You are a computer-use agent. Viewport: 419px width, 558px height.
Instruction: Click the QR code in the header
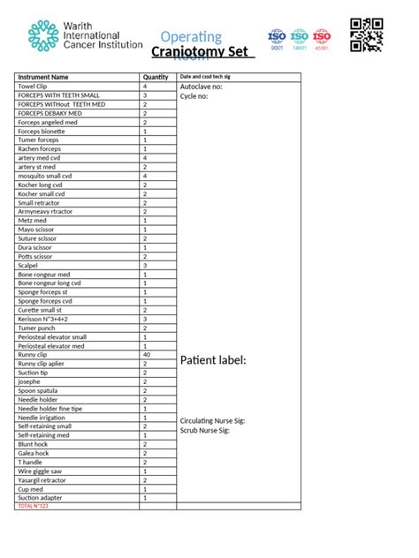(367, 34)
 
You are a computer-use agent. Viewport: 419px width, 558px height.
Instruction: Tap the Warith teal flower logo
(43, 36)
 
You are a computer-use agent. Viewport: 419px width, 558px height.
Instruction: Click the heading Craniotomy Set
(202, 52)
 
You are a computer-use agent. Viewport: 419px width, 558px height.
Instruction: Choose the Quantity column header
(156, 78)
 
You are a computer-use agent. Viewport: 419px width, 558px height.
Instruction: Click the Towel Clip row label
(34, 87)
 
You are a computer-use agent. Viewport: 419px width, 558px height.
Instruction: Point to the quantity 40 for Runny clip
(146, 354)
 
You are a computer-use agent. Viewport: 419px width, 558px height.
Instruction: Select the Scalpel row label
(28, 265)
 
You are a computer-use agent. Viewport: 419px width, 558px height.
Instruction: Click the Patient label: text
(213, 360)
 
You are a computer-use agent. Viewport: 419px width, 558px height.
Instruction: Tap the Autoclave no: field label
(201, 87)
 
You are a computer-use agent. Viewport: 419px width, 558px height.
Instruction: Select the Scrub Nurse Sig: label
(205, 429)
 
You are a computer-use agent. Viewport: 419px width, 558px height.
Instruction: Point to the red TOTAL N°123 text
(33, 506)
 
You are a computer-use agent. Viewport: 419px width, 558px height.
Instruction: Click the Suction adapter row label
(42, 497)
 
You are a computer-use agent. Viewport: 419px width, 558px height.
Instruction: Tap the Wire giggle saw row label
(42, 471)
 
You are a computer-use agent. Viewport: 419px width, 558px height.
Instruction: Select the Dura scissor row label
(36, 247)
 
